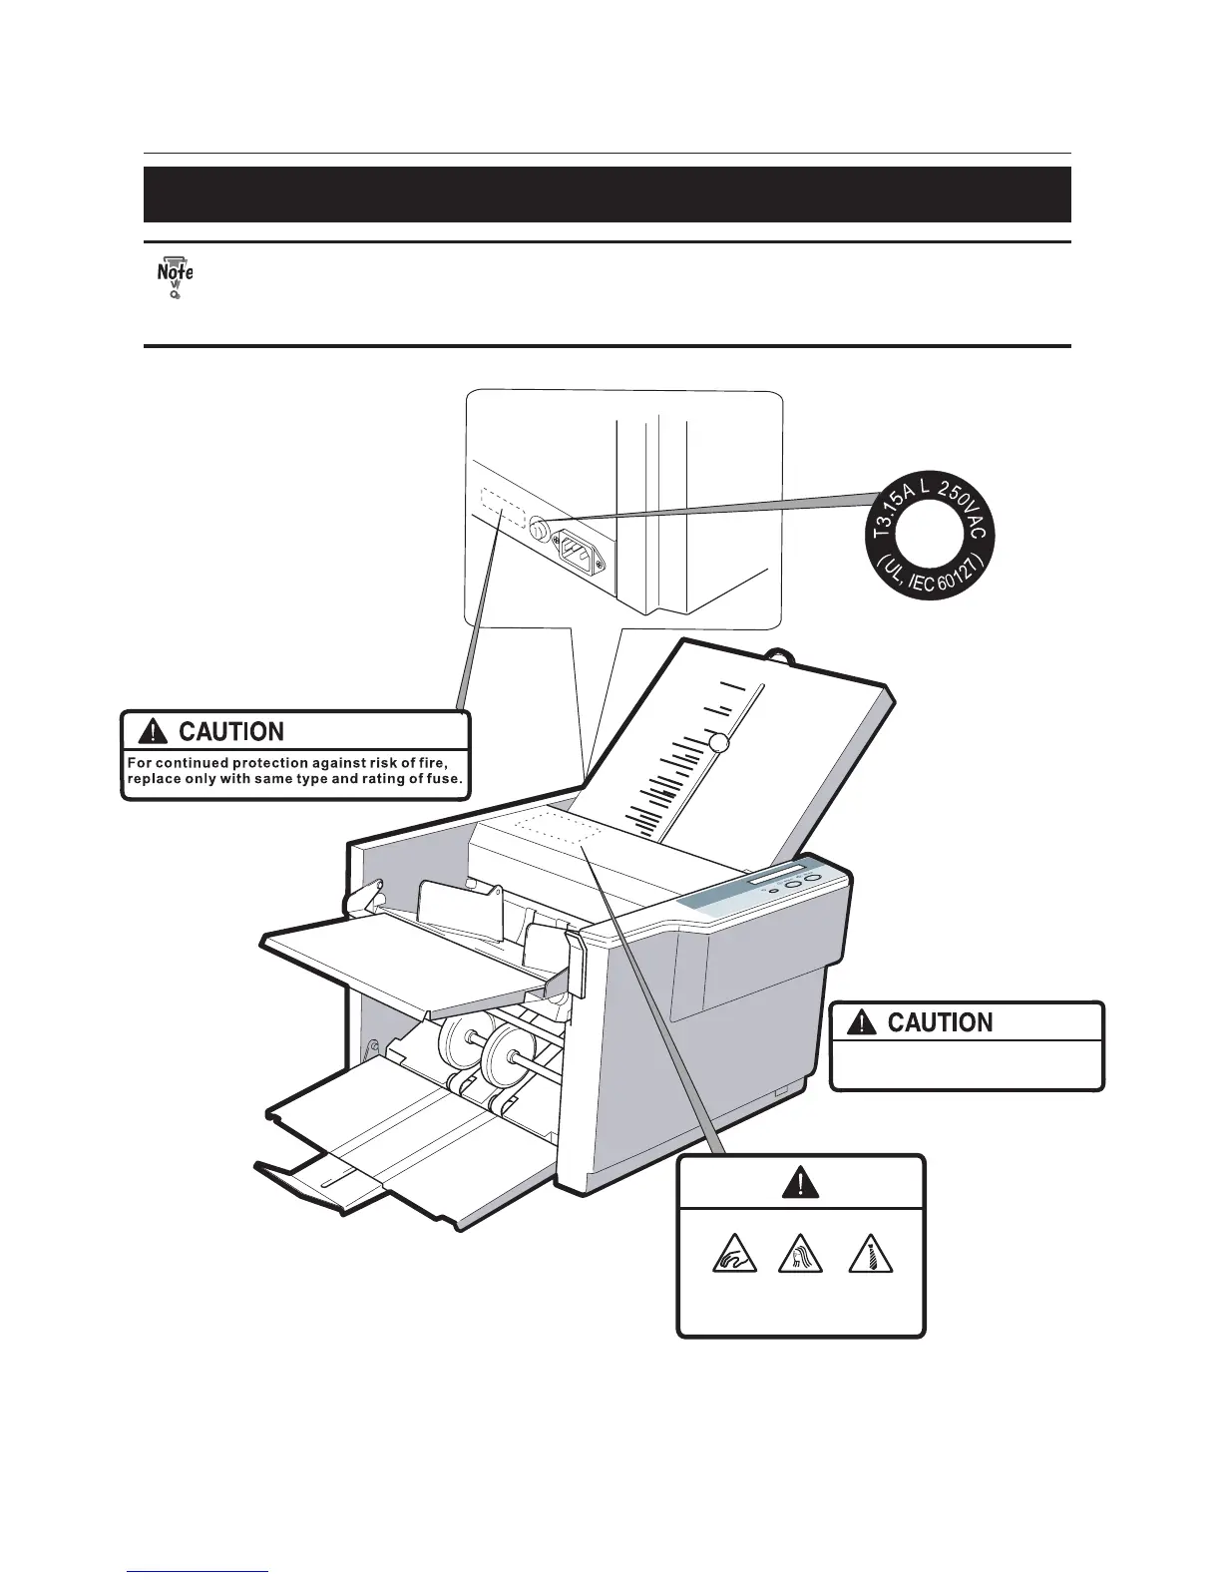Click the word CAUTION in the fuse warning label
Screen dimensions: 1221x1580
pos(230,732)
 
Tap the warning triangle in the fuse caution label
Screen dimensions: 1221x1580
pos(154,732)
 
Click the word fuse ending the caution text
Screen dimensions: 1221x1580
pos(443,780)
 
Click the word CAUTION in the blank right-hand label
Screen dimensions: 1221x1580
pos(940,1022)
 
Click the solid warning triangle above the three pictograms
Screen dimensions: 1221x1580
pos(801,1182)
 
